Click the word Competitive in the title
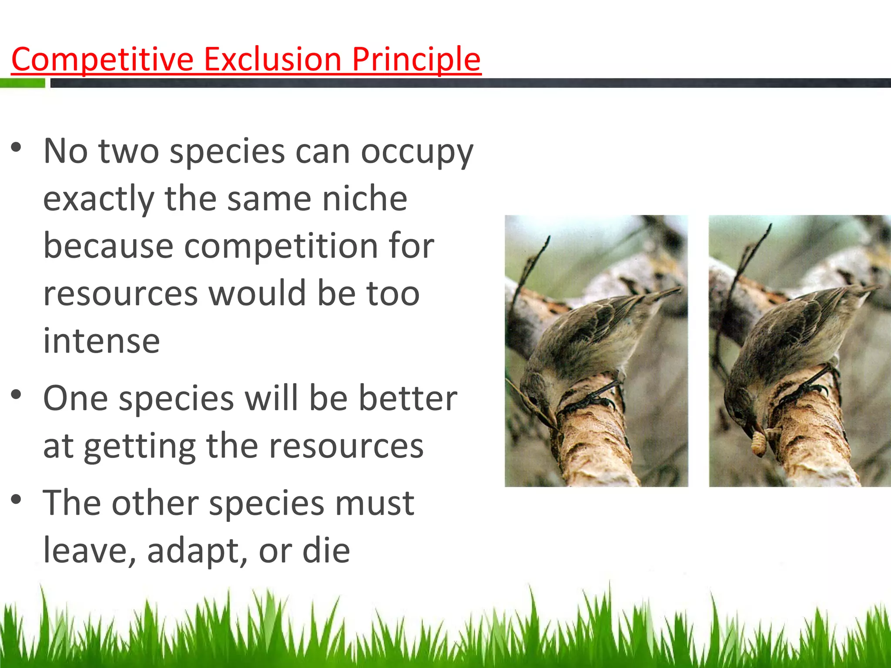click(x=102, y=60)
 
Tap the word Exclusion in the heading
click(x=272, y=60)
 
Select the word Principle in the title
click(x=416, y=60)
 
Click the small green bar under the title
click(x=23, y=83)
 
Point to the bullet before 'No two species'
click(x=16, y=147)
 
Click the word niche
click(x=365, y=199)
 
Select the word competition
click(x=281, y=246)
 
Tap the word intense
click(x=101, y=341)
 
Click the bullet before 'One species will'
click(x=16, y=395)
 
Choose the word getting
click(x=139, y=446)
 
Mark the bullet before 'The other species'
click(x=16, y=500)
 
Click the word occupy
click(x=417, y=152)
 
